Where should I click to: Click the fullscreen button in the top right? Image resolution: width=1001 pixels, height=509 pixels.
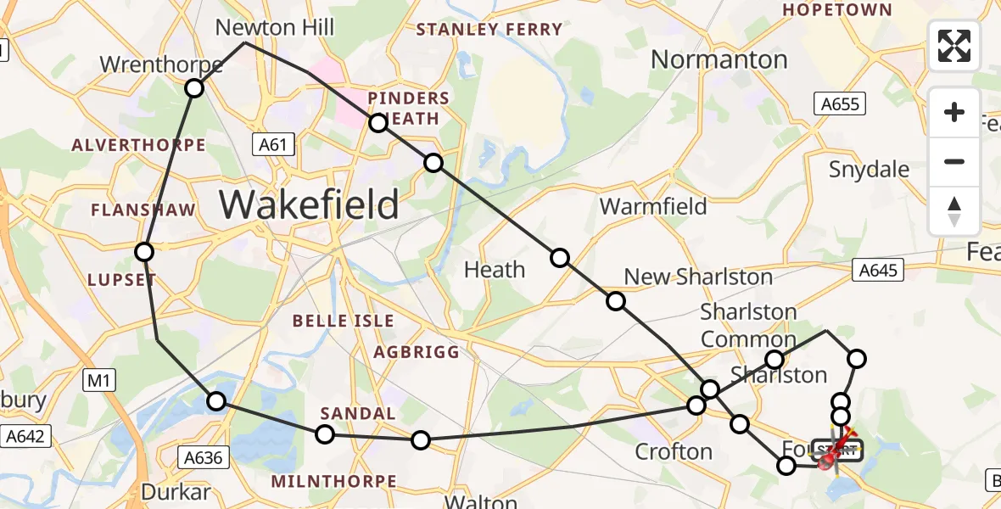(x=954, y=46)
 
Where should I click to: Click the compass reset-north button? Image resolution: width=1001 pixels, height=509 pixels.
(x=954, y=211)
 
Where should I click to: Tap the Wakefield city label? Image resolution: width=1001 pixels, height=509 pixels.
(x=310, y=204)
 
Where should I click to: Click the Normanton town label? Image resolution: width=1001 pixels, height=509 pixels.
(x=719, y=59)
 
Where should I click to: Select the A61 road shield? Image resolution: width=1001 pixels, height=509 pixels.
(x=273, y=145)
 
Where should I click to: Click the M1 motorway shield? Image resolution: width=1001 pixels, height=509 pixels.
(x=100, y=382)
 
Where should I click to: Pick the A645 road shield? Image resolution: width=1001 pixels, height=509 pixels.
(x=878, y=270)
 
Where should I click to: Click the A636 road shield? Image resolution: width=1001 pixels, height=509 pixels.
(x=204, y=458)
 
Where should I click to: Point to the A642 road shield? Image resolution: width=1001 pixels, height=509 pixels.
(x=26, y=437)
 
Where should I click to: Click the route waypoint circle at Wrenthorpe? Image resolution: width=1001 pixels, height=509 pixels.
(x=195, y=88)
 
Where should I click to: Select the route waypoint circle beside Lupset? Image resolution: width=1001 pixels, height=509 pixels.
(x=144, y=252)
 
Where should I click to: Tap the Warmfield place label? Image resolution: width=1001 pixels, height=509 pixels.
(x=653, y=206)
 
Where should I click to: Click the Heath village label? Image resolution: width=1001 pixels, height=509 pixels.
(x=495, y=270)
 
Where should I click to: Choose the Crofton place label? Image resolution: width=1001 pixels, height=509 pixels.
(x=674, y=451)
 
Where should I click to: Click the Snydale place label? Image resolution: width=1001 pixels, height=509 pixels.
(x=869, y=170)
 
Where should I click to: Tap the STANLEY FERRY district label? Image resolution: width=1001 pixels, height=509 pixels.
(x=489, y=30)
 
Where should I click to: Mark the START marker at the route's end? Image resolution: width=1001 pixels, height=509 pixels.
(x=837, y=450)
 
